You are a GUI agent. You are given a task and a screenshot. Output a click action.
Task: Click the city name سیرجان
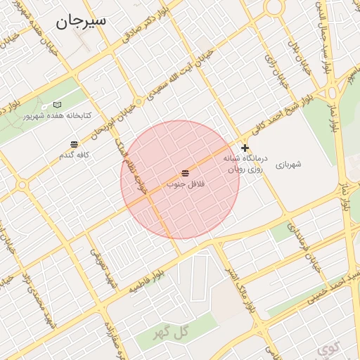click(x=81, y=20)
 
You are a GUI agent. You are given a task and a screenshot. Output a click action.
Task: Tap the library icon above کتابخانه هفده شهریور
click(x=57, y=105)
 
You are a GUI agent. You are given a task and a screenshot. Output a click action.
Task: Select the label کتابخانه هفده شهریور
click(x=52, y=115)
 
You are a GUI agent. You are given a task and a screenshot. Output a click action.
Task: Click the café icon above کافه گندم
click(x=75, y=145)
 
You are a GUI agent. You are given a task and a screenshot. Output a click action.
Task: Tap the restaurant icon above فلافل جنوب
click(x=185, y=173)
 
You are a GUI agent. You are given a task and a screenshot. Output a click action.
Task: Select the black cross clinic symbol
click(x=245, y=148)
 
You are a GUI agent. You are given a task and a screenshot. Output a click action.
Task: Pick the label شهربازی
click(x=288, y=164)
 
